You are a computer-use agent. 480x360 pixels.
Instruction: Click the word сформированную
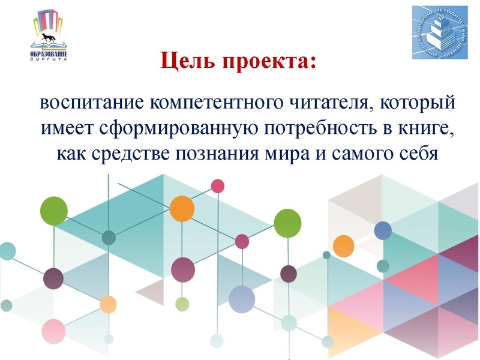tap(171, 128)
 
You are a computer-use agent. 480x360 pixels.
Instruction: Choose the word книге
tap(416, 128)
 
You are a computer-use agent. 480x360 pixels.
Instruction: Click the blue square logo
tap(439, 33)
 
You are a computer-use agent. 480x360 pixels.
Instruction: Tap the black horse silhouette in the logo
tap(49, 41)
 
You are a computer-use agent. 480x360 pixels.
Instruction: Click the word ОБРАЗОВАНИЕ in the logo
tap(49, 55)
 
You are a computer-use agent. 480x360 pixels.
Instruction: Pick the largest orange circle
tap(182, 208)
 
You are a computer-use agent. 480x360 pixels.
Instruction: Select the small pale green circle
tap(182, 304)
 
